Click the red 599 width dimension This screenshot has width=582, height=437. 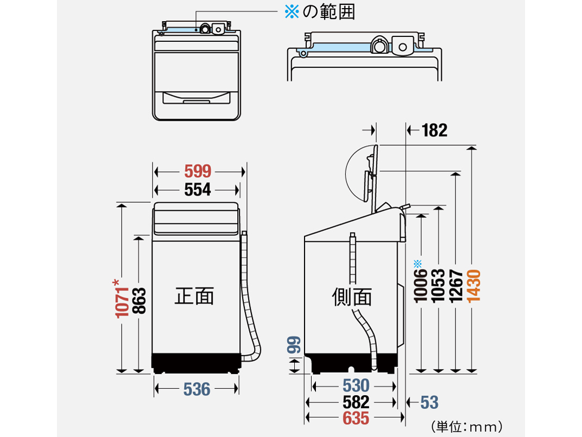(197, 172)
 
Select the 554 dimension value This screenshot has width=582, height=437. (197, 190)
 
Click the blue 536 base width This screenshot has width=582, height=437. (197, 389)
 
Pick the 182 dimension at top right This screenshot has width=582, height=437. (434, 130)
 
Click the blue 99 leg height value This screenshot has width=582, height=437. (294, 346)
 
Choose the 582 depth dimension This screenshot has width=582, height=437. (356, 402)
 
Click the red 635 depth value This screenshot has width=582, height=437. (356, 419)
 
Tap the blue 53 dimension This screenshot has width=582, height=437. (429, 402)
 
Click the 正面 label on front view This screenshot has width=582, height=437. (194, 296)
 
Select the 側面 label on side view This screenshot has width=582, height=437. (352, 297)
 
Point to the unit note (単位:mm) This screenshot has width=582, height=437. (466, 426)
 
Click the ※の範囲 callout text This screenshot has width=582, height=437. (320, 13)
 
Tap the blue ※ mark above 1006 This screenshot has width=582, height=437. (417, 264)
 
